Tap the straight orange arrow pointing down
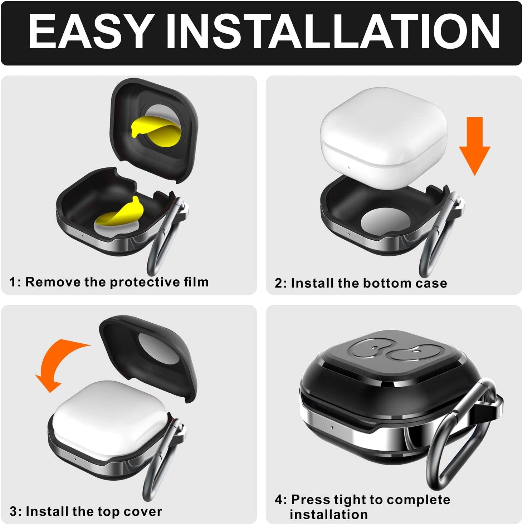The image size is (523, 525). pos(474,146)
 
